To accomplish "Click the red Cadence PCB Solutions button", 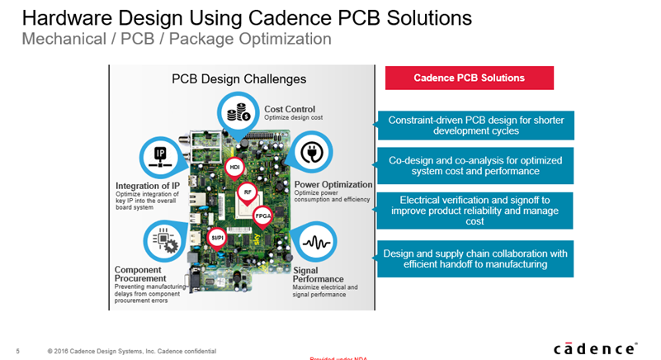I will pyautogui.click(x=469, y=78).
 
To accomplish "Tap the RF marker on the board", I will pyautogui.click(x=248, y=192).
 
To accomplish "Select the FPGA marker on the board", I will pyautogui.click(x=263, y=216).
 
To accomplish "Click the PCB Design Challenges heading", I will pyautogui.click(x=238, y=79).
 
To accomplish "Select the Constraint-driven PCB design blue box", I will pyautogui.click(x=475, y=126).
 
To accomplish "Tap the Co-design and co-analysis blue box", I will pyautogui.click(x=475, y=165).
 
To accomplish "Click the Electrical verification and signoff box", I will pyautogui.click(x=475, y=211).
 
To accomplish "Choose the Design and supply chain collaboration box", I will pyautogui.click(x=475, y=258).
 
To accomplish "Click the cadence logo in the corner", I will pyautogui.click(x=594, y=348).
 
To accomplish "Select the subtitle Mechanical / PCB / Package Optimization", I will pyautogui.click(x=176, y=39).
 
